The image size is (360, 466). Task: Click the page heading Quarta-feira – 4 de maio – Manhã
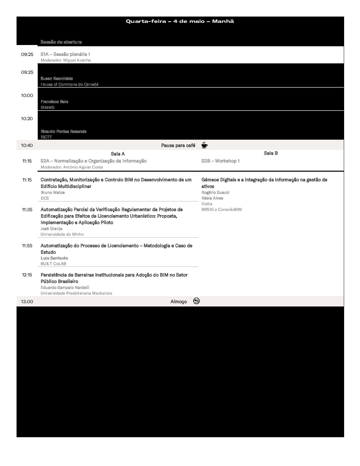[180, 21]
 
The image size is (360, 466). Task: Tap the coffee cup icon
[204, 145]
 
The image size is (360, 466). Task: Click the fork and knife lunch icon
[197, 301]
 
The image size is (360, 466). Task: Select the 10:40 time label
[27, 145]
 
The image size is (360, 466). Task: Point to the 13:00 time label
[27, 302]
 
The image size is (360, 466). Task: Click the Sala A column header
[118, 154]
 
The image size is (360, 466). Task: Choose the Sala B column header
[271, 153]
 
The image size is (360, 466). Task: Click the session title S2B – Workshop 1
[220, 161]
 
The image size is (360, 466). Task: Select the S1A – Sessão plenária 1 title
[65, 54]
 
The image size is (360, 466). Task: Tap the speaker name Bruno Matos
[53, 192]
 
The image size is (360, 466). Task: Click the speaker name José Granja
[51, 228]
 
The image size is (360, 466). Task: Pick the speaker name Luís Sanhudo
[54, 258]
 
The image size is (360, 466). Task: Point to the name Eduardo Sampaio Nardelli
[65, 287]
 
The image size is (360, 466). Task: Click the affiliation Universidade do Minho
[62, 234]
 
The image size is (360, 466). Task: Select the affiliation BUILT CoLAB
[53, 264]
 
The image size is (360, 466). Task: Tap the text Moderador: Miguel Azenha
[66, 60]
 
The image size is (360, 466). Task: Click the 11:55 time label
[27, 246]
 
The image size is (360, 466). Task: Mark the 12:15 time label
[27, 275]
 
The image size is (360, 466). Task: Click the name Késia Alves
[212, 198]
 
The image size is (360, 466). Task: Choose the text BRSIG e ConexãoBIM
[221, 210]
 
